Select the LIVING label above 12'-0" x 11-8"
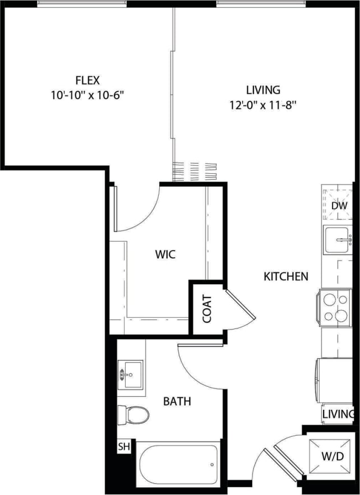tap(263, 89)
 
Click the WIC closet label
tap(165, 255)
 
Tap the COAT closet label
tap(207, 309)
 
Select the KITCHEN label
tap(286, 276)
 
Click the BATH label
tap(177, 401)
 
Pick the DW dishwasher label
tap(339, 206)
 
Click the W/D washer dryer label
tap(333, 457)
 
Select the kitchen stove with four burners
tap(336, 307)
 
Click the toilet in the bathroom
tap(134, 415)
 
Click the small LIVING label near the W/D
tap(338, 414)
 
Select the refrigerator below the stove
tap(335, 381)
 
